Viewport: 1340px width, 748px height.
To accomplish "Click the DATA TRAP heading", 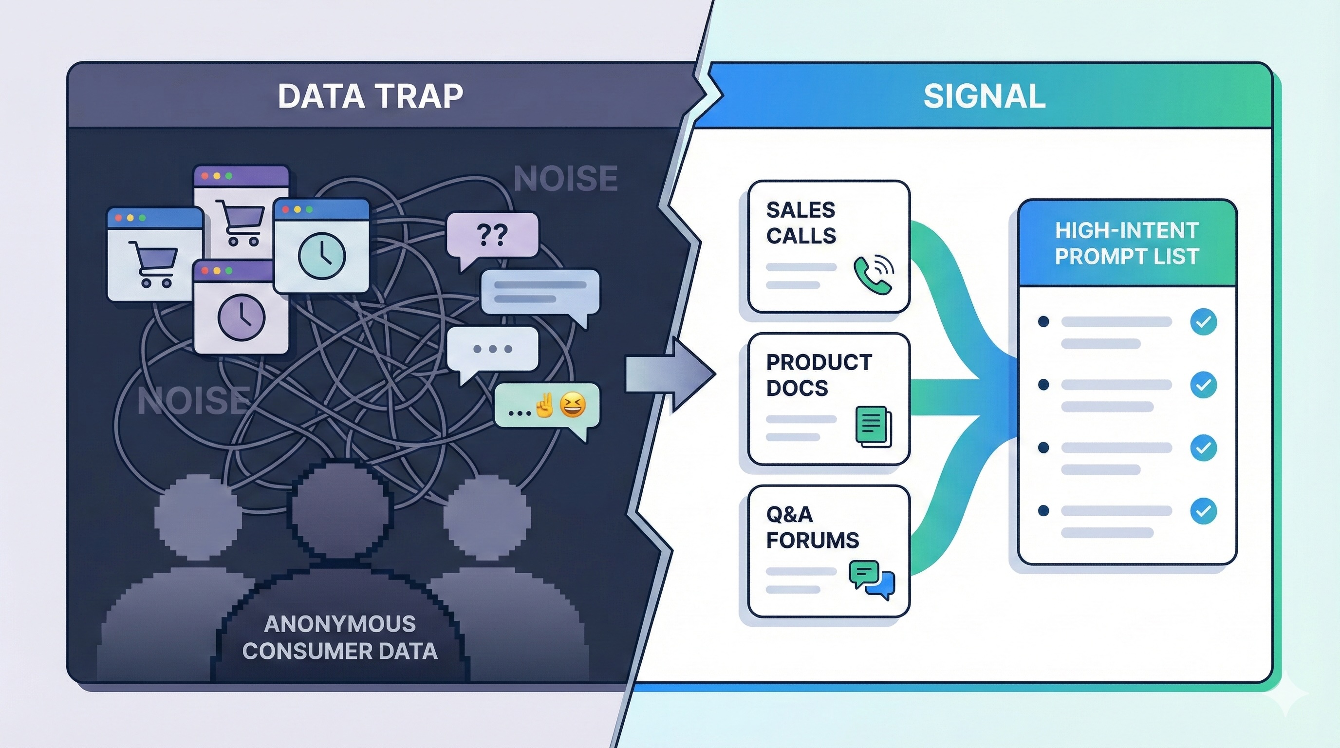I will coord(370,96).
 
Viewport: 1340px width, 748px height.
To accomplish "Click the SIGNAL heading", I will coord(984,96).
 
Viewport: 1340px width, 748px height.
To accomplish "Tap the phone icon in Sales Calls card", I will coord(873,274).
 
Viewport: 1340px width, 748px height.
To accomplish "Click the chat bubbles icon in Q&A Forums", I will coord(872,579).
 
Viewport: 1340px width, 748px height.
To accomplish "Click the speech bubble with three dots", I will coord(492,349).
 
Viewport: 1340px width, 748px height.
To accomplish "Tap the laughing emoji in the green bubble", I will coord(572,405).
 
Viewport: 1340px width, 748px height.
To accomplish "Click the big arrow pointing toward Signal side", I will coord(669,374).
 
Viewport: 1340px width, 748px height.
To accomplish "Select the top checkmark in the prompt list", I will coord(1203,321).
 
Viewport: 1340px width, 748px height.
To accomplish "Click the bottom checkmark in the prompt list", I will coord(1203,511).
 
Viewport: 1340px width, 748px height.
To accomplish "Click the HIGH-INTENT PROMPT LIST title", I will coord(1127,243).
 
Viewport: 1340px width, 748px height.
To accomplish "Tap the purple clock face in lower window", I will coord(242,318).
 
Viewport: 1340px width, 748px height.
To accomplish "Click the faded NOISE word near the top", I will coord(565,178).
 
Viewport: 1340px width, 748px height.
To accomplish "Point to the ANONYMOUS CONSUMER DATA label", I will coord(340,637).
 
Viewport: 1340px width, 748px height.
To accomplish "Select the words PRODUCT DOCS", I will coord(818,375).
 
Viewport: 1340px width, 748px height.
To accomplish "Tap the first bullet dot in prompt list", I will coord(1043,321).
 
